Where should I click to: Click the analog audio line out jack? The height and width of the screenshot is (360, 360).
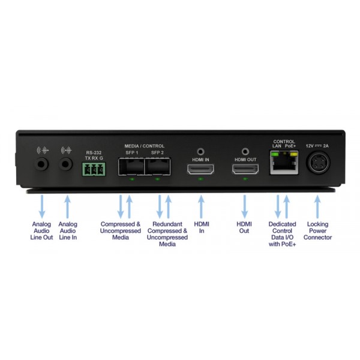coord(41,164)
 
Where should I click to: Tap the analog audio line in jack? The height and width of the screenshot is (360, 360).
coord(65,164)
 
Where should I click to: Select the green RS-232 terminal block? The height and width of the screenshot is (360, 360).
coord(94,169)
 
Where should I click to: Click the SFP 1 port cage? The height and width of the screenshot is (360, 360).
coord(131,166)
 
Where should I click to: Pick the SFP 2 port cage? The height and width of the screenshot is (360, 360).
coord(157,166)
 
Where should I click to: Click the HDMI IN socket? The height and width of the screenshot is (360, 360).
coord(200,169)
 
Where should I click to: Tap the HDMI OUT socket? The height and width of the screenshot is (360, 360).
coord(245,169)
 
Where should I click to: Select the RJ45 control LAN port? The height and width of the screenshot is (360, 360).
coord(284,163)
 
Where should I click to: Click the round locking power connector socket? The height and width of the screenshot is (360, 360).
coord(318,163)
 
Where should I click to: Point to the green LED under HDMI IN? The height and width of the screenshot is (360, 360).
coord(200,179)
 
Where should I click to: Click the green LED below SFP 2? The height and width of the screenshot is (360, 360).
coord(157,179)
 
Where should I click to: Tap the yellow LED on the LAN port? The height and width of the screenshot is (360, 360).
coord(293,154)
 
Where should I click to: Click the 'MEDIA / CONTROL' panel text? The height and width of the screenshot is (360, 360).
coord(145,146)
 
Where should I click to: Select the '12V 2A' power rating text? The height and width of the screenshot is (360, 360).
coord(317,146)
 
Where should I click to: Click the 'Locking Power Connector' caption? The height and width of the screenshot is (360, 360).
coord(318,231)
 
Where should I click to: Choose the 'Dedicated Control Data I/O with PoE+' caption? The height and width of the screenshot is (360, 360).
coord(283,234)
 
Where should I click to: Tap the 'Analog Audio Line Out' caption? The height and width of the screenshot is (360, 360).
coord(41,231)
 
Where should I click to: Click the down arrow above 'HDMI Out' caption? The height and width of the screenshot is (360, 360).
coord(245,206)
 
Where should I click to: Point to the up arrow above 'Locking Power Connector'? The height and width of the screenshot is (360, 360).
coord(317,206)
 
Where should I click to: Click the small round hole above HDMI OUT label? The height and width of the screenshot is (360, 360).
coord(245,152)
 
